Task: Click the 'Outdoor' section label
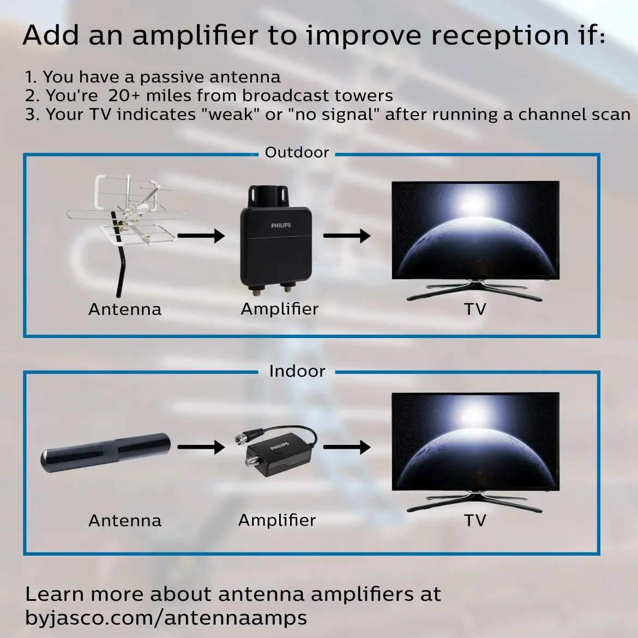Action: pyautogui.click(x=297, y=152)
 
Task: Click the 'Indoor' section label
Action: pyautogui.click(x=297, y=371)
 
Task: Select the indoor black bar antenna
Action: pyautogui.click(x=105, y=452)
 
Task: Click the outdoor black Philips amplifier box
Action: pyautogui.click(x=276, y=240)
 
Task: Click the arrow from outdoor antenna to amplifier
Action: pyautogui.click(x=201, y=236)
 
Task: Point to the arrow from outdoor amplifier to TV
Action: pyautogui.click(x=347, y=236)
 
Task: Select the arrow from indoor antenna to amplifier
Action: pyautogui.click(x=201, y=447)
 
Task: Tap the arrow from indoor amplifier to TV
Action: pyautogui.click(x=347, y=447)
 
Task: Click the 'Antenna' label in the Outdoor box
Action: pyautogui.click(x=125, y=309)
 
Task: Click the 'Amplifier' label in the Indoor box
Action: pyautogui.click(x=277, y=520)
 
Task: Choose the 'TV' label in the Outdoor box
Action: pyautogui.click(x=475, y=309)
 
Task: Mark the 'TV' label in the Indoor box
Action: pyautogui.click(x=475, y=520)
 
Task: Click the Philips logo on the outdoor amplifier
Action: pyautogui.click(x=281, y=225)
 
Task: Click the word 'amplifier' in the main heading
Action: pyautogui.click(x=195, y=37)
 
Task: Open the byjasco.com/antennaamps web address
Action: pyautogui.click(x=166, y=618)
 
